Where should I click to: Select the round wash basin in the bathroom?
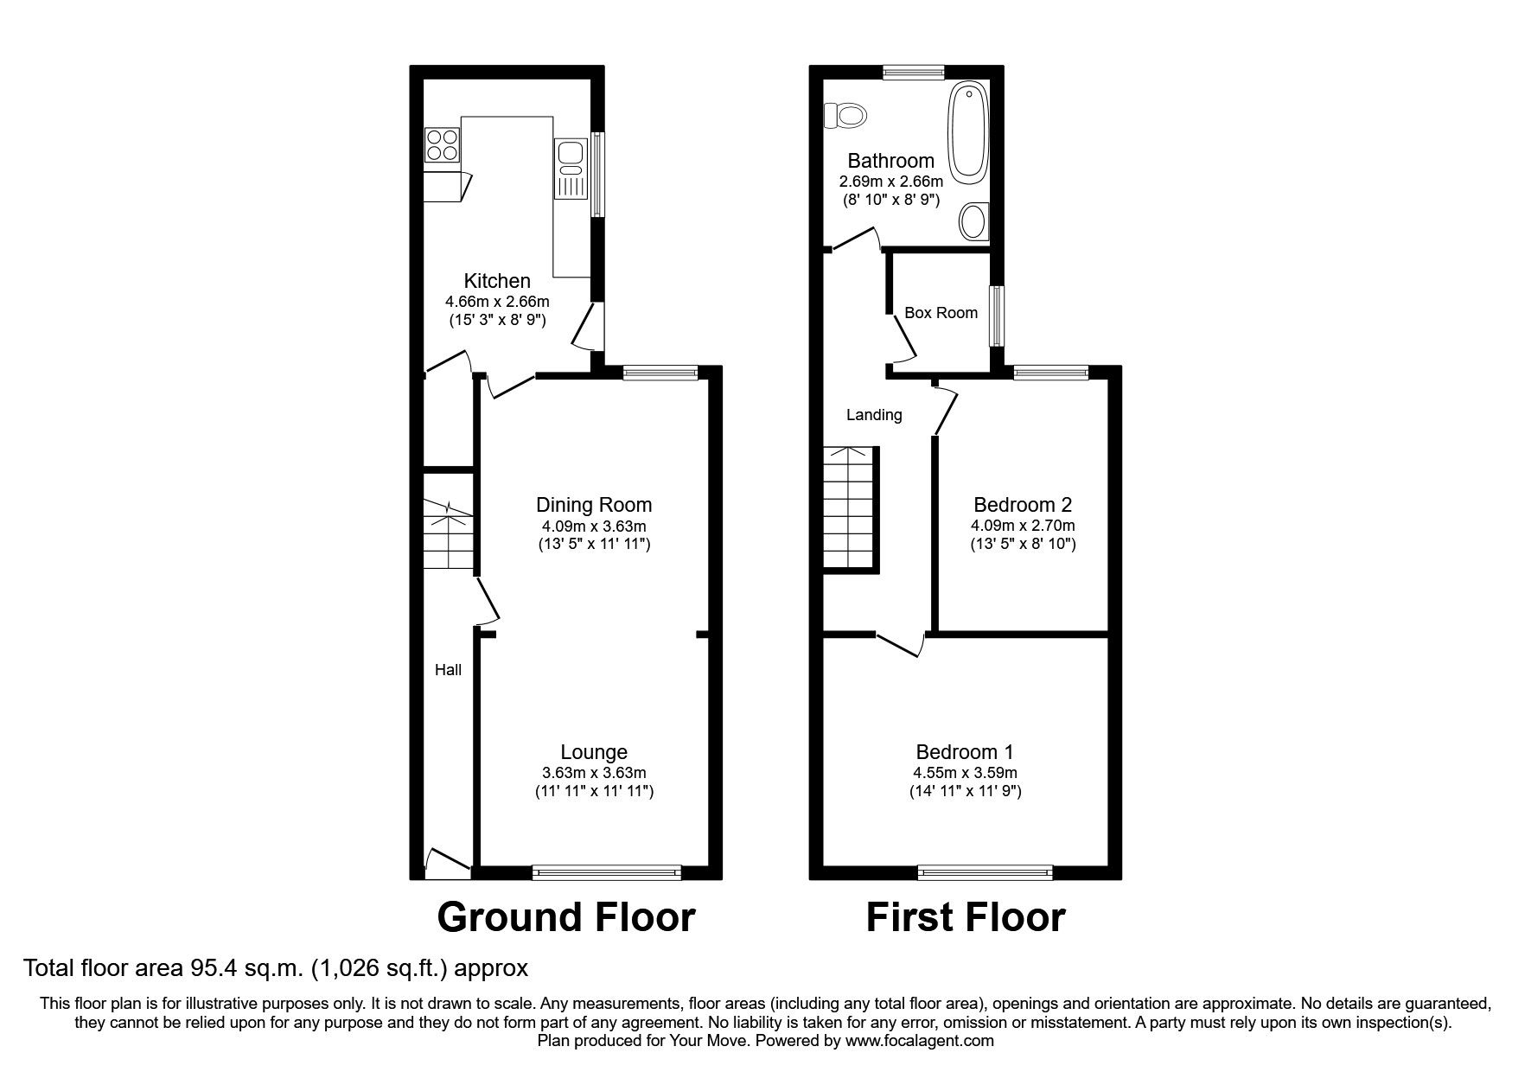(x=974, y=221)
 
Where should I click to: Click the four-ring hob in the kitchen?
(x=442, y=144)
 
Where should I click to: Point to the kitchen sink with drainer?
(x=571, y=169)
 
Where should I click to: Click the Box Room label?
(x=941, y=313)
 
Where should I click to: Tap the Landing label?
(x=874, y=415)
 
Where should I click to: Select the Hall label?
(x=448, y=670)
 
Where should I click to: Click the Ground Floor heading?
(x=566, y=917)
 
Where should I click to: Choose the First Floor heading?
(x=966, y=917)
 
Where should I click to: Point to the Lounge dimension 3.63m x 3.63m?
(x=593, y=773)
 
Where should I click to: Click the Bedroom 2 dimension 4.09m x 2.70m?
(x=1024, y=526)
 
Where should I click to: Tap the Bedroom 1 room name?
(x=965, y=752)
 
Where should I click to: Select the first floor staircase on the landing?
(x=851, y=509)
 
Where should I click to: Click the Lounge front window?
(x=607, y=873)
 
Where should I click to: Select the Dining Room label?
(x=594, y=505)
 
